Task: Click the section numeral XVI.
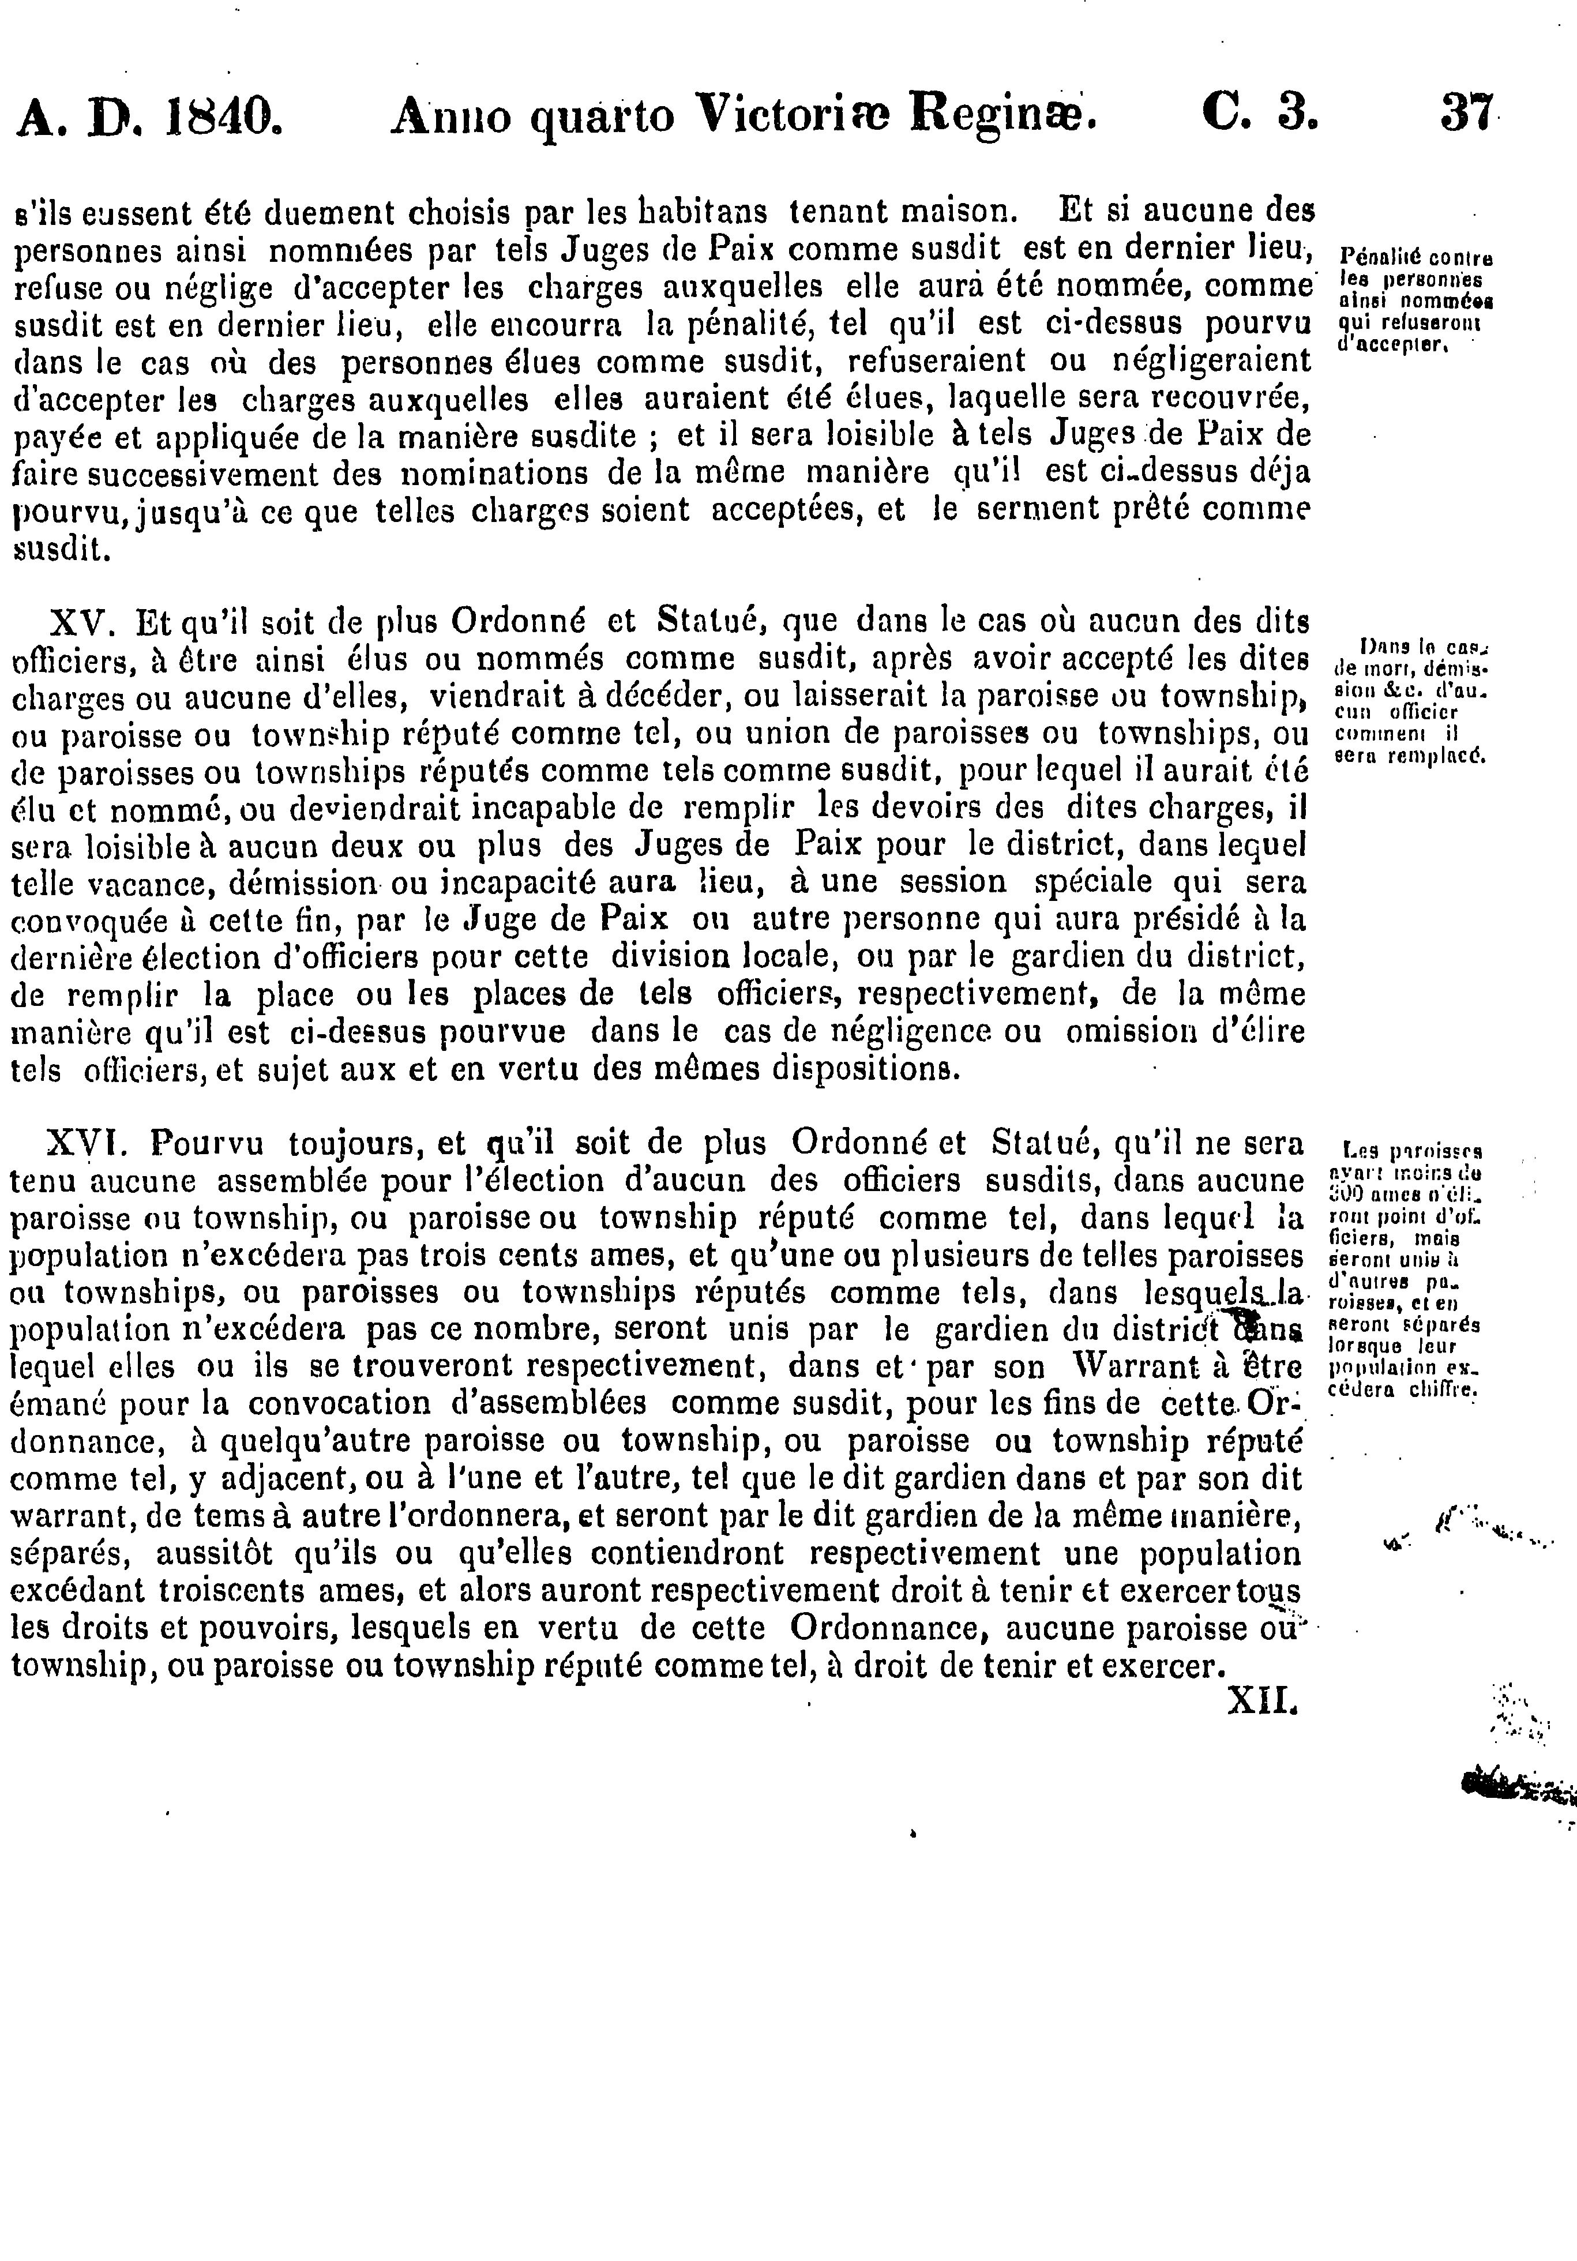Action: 85,1144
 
